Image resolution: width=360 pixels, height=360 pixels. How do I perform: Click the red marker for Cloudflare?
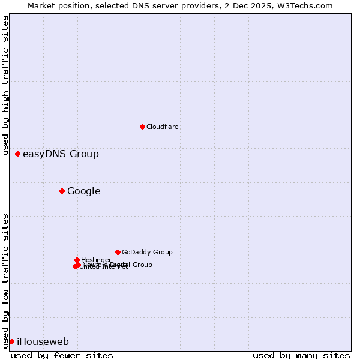coord(142,127)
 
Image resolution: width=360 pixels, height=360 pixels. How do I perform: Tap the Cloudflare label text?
coord(162,127)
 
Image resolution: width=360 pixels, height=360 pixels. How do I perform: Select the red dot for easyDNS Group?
coord(17,154)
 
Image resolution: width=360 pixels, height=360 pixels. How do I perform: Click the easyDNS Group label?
coord(61,154)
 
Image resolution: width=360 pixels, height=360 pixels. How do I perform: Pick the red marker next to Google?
coord(62,191)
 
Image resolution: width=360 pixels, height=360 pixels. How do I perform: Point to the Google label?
coord(83,191)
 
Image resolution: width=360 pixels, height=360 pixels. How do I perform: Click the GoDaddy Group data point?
coord(118,252)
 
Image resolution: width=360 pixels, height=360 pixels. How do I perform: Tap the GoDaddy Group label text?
coord(147,253)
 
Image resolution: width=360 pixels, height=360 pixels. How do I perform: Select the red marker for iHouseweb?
coord(11,341)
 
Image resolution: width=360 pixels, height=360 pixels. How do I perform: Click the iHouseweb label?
coord(43,342)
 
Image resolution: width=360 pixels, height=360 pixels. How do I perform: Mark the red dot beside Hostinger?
coord(77,260)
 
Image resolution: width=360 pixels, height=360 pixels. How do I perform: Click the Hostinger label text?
coord(96,260)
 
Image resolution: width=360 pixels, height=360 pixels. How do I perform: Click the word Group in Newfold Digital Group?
coord(142,265)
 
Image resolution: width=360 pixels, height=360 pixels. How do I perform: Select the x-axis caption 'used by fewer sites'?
coord(62,355)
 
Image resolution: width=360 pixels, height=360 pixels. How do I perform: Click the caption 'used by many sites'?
coord(301,355)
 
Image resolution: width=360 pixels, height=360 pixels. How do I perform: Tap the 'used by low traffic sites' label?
coord(5,281)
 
